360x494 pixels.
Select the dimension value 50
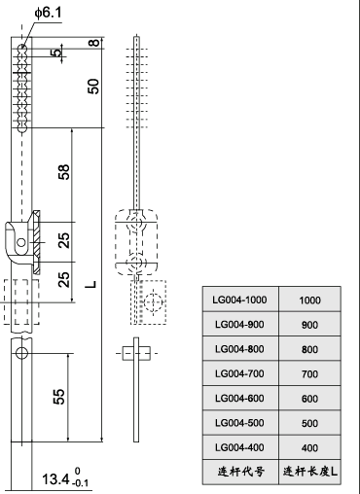tap(93, 86)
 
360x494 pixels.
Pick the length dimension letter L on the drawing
tap(90, 284)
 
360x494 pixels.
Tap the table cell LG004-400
tap(239, 447)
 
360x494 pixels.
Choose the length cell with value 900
tap(309, 324)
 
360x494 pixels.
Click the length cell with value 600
tap(309, 398)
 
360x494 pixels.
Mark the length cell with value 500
tap(309, 423)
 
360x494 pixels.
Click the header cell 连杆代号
tap(239, 472)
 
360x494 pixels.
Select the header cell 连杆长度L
tap(309, 472)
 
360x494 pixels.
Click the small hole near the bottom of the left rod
tap(20, 354)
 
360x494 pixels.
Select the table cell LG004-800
tap(239, 348)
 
